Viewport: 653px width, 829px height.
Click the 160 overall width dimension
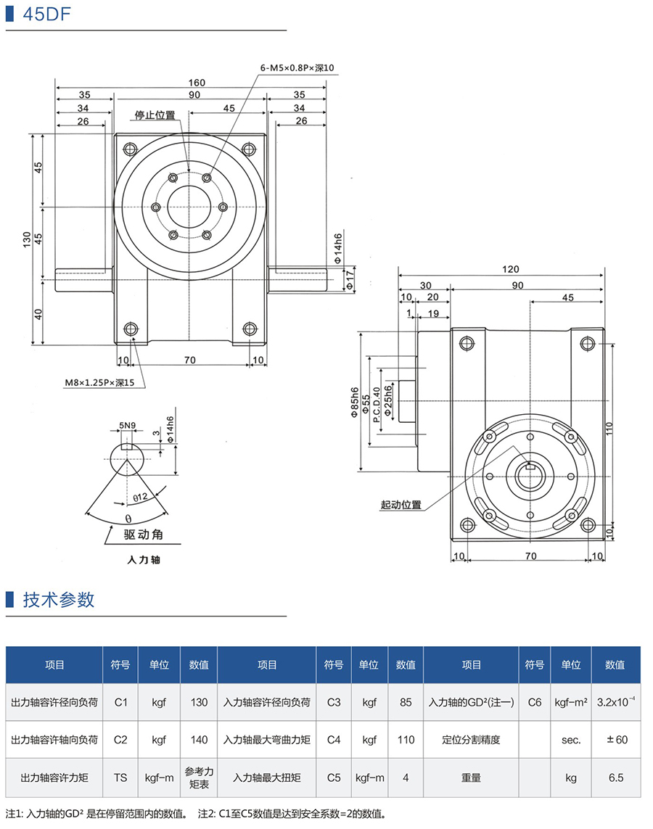click(x=197, y=83)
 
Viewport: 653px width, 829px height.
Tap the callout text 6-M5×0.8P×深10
click(x=297, y=67)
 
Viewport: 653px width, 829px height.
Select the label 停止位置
click(x=155, y=115)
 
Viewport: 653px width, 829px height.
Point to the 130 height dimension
click(x=27, y=238)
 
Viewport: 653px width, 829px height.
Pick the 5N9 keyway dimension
click(x=128, y=426)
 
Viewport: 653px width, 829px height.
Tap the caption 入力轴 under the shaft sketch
click(x=143, y=560)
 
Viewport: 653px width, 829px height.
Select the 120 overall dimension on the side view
click(x=510, y=268)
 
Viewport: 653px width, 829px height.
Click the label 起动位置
click(x=401, y=505)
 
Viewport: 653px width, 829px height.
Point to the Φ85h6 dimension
click(x=355, y=400)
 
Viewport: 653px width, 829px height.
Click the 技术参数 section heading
click(x=59, y=600)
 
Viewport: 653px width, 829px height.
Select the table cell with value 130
click(x=199, y=702)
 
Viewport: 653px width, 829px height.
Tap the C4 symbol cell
click(x=334, y=740)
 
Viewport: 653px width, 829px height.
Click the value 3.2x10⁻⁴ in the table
click(x=616, y=702)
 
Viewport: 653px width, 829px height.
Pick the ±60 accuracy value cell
click(x=616, y=740)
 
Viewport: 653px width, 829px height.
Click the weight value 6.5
click(x=616, y=778)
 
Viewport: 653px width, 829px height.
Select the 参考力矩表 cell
click(x=199, y=778)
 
